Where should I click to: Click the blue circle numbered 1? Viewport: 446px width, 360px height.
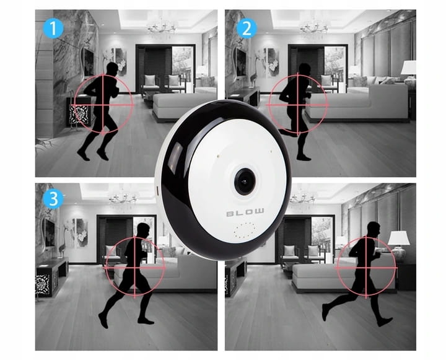(53, 28)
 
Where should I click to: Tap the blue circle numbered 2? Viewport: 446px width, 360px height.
(247, 28)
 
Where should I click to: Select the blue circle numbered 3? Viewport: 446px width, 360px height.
(53, 199)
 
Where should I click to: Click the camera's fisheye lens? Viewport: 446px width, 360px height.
(245, 182)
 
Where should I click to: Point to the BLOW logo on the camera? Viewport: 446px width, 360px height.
(245, 212)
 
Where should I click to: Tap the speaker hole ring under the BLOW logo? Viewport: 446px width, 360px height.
(245, 230)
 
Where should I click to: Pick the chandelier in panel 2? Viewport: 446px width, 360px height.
(314, 27)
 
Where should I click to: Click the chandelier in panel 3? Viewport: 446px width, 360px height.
(124, 198)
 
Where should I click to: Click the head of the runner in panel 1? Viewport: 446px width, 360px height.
(112, 68)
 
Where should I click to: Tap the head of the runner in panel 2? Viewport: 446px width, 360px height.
(305, 69)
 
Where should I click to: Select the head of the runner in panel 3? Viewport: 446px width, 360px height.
(143, 229)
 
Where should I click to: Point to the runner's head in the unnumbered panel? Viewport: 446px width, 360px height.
(374, 229)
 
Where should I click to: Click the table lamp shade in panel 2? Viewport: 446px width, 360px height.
(409, 68)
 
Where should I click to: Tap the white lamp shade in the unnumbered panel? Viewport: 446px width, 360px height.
(399, 238)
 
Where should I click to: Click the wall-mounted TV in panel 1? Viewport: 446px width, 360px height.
(89, 63)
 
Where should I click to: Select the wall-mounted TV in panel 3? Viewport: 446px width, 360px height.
(50, 232)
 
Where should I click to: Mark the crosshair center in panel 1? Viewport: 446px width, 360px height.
(103, 105)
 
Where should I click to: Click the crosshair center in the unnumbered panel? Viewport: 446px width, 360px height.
(366, 268)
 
